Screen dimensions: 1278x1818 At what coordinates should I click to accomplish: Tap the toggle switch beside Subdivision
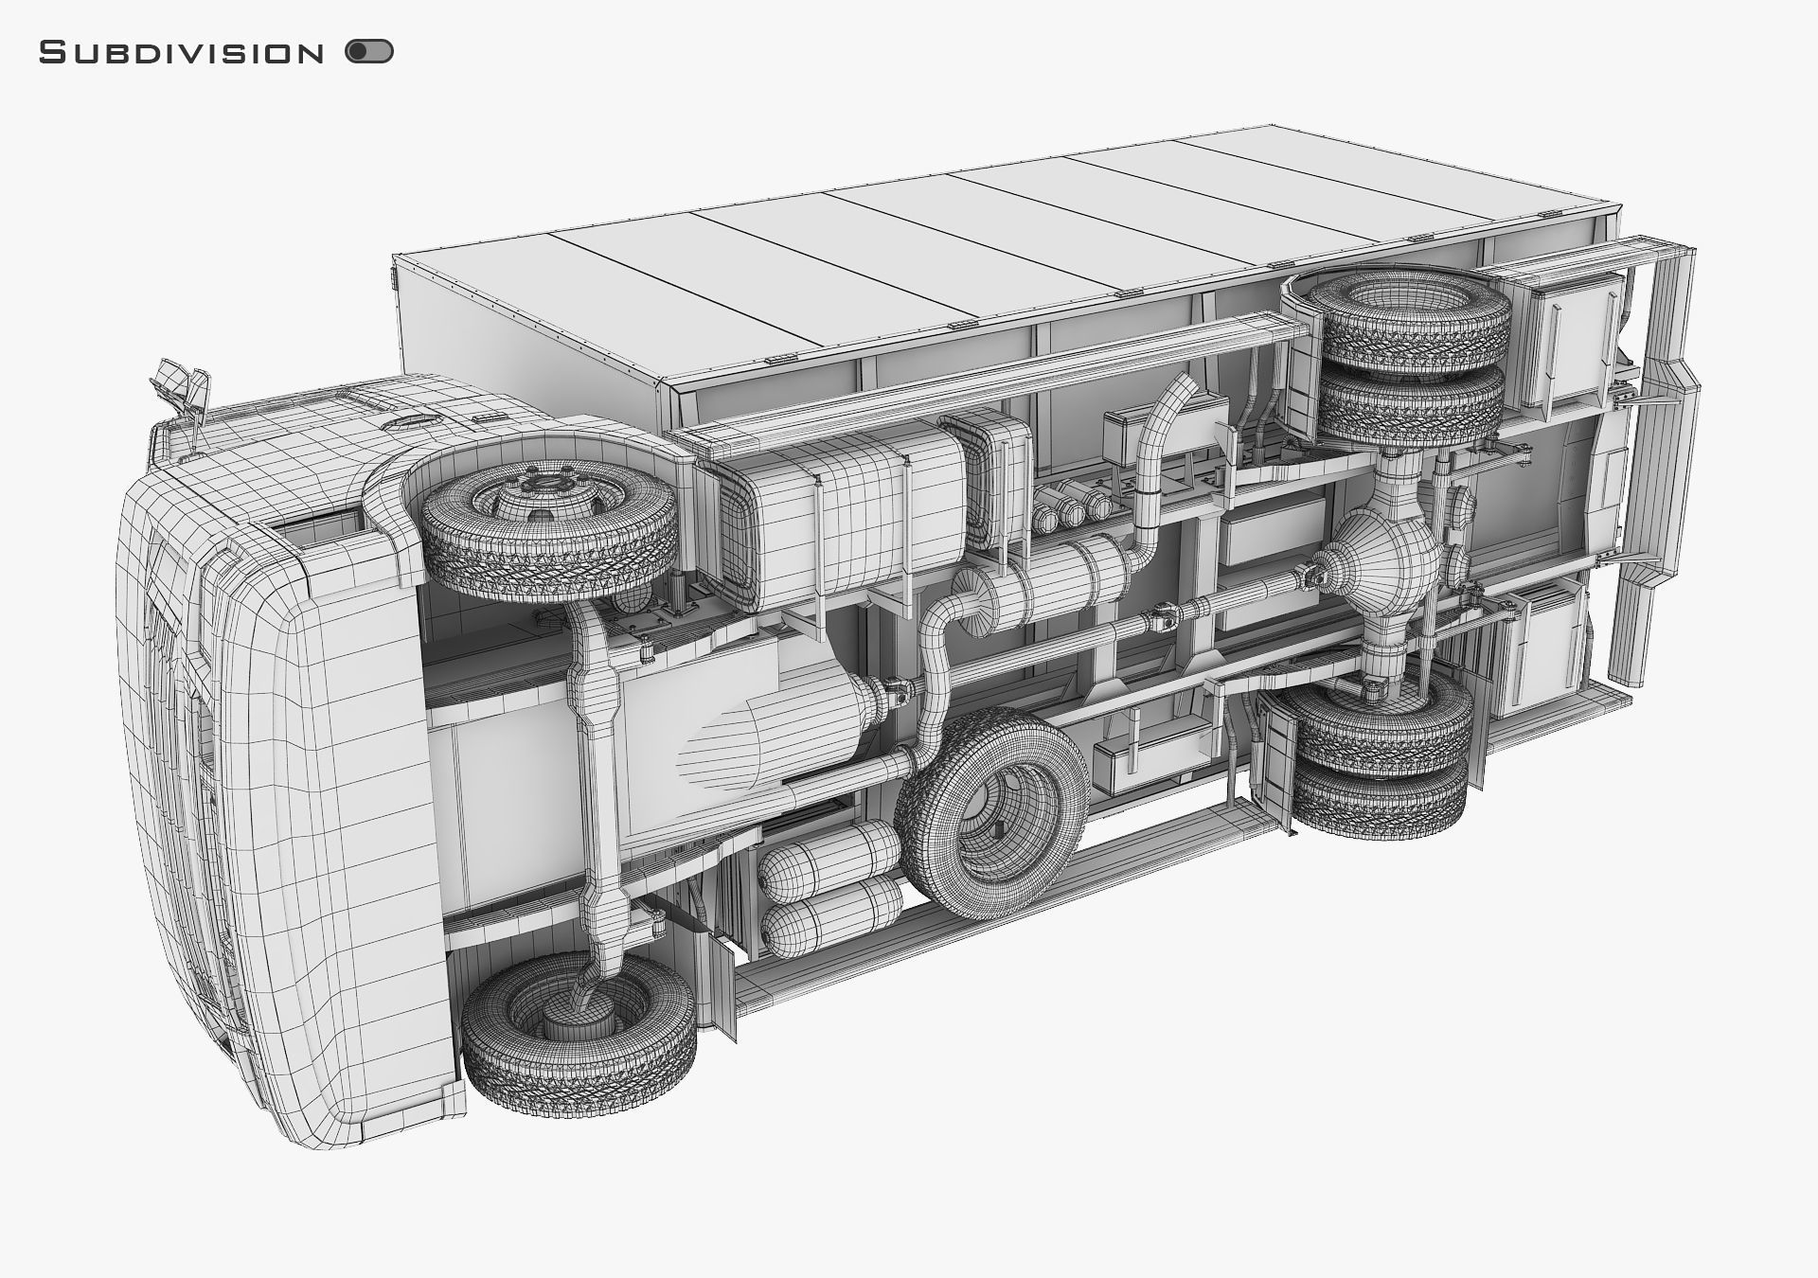pos(369,52)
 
